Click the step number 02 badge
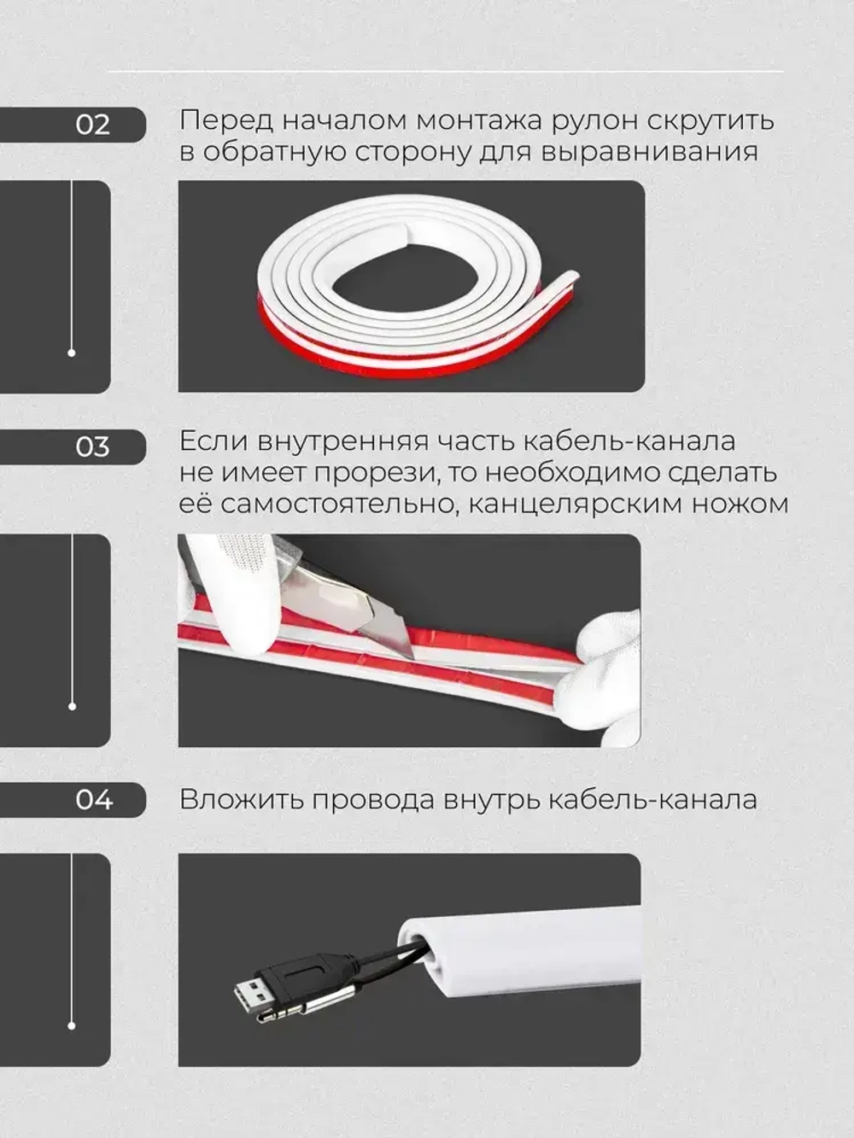click(x=92, y=125)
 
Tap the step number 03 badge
click(x=92, y=446)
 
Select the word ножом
click(x=740, y=504)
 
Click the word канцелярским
click(x=566, y=504)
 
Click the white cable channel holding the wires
click(x=529, y=948)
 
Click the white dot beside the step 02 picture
click(x=72, y=353)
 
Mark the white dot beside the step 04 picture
click(x=72, y=1025)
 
